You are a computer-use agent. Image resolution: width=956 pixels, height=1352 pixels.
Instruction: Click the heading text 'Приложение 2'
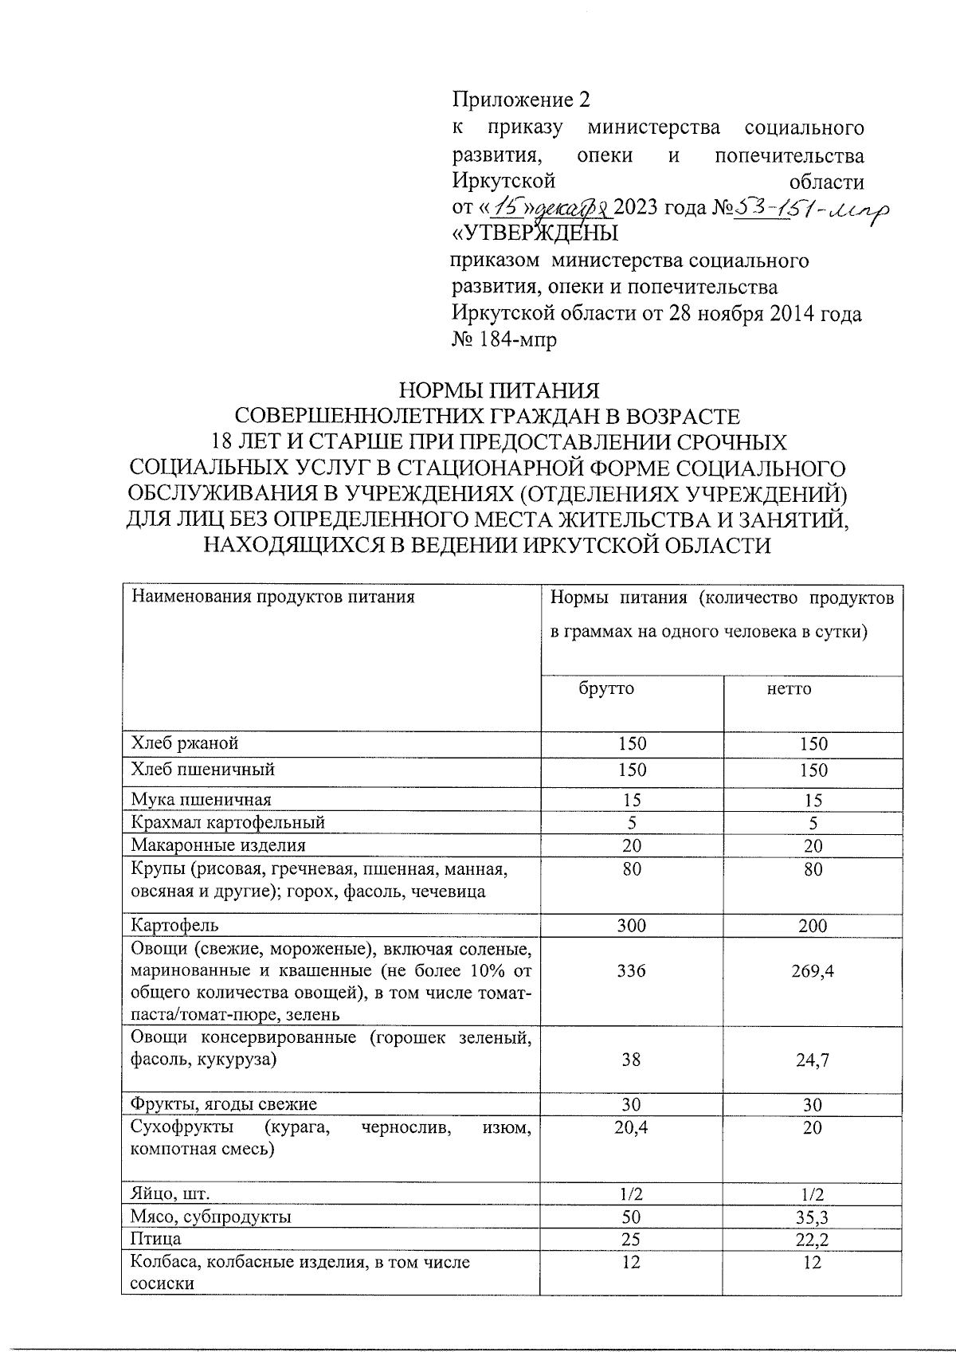point(522,100)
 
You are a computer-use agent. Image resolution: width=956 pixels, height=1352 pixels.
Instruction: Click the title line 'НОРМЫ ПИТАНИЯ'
point(498,391)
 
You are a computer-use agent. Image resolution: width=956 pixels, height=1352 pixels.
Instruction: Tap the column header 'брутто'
point(606,688)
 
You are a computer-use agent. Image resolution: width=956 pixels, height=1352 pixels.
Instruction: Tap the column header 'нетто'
point(789,688)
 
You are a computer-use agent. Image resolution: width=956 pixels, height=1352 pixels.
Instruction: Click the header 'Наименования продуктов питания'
point(273,597)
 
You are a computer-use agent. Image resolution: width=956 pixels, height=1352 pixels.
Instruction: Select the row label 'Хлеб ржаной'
point(185,743)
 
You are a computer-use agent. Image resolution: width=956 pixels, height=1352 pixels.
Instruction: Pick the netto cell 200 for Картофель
point(812,926)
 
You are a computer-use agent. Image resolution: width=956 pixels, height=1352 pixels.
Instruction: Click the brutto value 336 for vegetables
point(631,970)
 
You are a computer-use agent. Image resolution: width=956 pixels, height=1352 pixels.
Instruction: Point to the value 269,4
point(812,970)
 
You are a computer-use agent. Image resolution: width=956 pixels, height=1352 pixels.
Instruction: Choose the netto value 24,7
point(812,1060)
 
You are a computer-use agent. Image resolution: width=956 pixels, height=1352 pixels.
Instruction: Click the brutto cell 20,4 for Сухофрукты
point(631,1127)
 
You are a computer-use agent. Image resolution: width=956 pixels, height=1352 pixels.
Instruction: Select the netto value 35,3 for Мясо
point(812,1217)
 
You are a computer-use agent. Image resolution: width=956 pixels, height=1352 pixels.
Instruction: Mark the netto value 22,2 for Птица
point(812,1240)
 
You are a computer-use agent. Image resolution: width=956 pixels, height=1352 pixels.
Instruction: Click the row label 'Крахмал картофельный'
point(228,822)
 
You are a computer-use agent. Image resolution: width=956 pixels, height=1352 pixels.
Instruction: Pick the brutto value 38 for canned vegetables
point(631,1060)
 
